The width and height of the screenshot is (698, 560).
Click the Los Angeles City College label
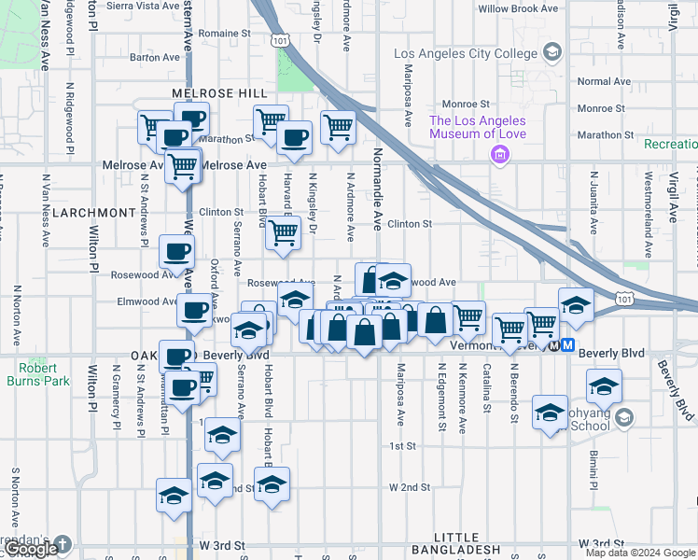coord(466,53)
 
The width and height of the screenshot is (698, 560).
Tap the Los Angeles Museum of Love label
coord(478,127)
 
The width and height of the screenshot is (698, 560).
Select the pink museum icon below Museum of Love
coord(500,154)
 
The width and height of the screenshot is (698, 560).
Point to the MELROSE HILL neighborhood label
coord(219,94)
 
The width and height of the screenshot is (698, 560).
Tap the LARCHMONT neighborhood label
coord(93,213)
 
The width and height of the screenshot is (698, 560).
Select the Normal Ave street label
coord(604,82)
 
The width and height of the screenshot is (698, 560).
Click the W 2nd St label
coord(410,487)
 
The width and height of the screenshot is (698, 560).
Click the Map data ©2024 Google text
coord(639,553)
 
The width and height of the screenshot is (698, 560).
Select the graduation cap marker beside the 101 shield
coord(576,305)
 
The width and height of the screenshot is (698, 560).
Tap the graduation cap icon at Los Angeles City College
coord(552,52)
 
